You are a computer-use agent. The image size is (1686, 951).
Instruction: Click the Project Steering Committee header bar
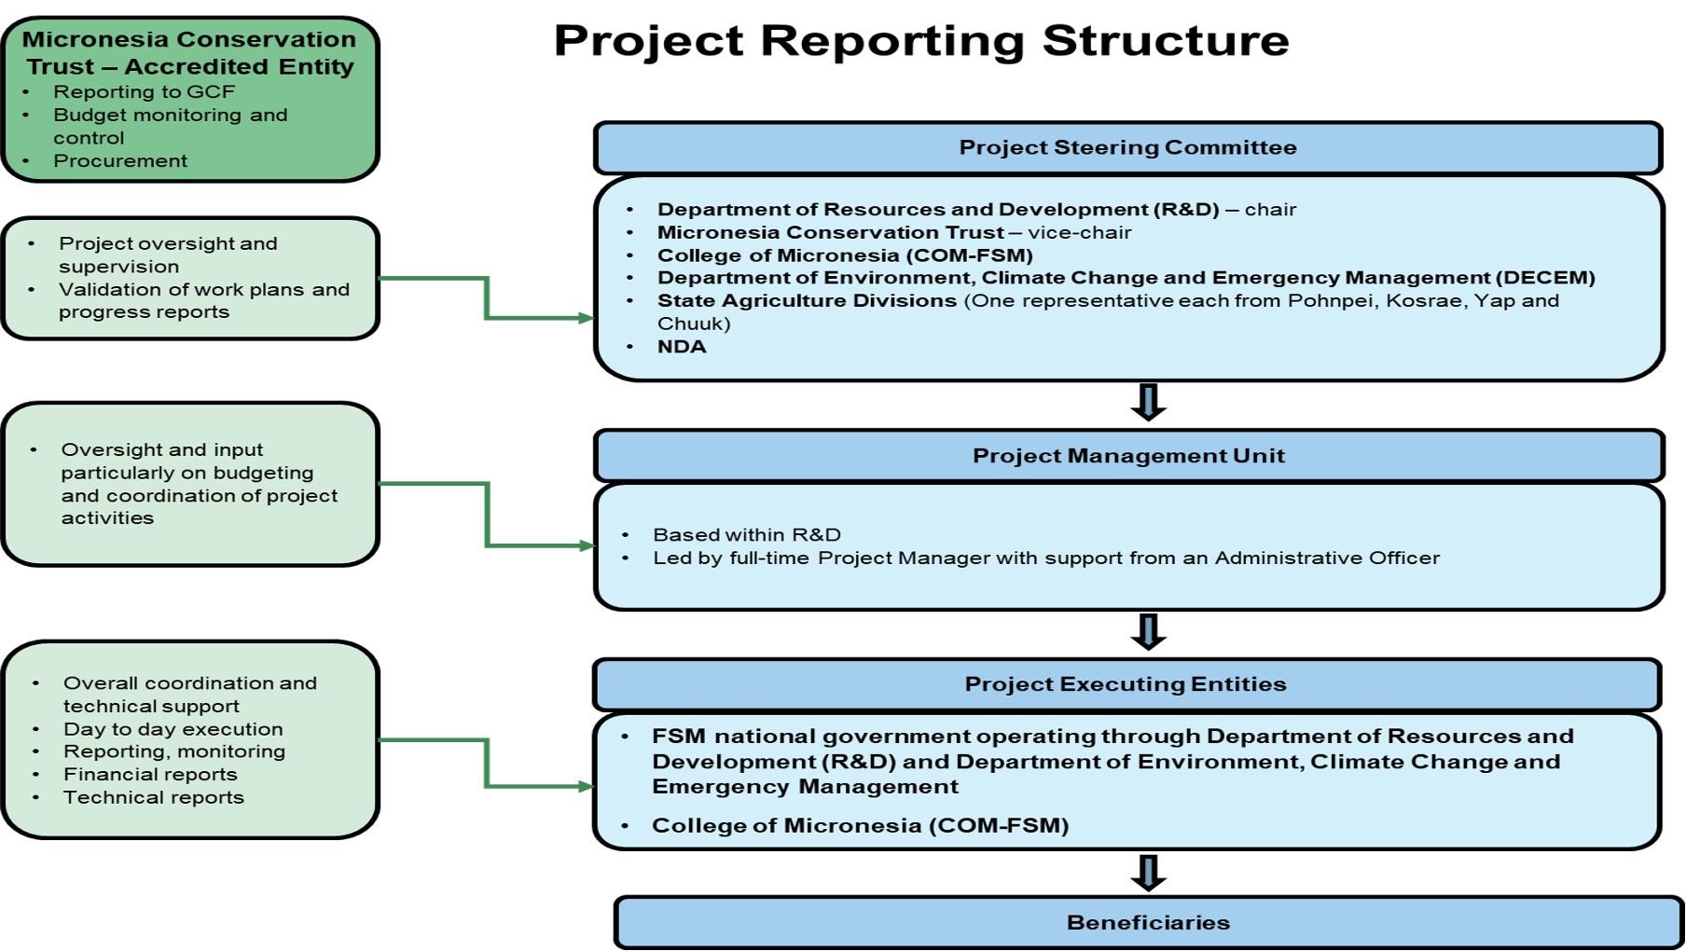tap(1127, 147)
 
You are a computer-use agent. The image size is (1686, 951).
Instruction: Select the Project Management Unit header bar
tap(1128, 456)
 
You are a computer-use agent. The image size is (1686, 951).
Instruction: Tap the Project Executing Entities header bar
tap(1126, 684)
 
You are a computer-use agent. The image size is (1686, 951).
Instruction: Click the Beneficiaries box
tap(1148, 922)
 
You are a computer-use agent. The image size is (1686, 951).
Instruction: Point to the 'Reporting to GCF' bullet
tap(144, 92)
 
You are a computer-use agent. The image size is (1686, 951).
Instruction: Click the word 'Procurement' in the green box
tap(120, 161)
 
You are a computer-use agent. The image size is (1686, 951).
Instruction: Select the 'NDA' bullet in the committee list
tap(682, 347)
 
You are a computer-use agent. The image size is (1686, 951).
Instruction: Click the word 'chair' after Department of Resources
tap(1270, 210)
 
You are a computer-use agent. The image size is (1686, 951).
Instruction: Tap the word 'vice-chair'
tap(1080, 233)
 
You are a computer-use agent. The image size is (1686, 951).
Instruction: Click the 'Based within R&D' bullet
tap(746, 535)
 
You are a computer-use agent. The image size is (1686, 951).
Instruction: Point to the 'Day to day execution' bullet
tap(173, 729)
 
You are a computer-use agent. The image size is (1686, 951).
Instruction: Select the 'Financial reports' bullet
tap(150, 775)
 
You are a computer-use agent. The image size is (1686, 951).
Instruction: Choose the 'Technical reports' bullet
tap(154, 798)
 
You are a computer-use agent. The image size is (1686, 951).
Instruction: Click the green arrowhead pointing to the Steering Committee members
tap(587, 319)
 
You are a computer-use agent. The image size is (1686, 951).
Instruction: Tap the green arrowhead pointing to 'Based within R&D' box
tap(587, 545)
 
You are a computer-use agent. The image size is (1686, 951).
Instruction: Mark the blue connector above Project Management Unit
tap(1148, 402)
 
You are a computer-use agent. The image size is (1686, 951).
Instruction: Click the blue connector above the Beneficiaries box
tap(1148, 873)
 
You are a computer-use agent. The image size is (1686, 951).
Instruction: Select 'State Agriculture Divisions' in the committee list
tap(807, 301)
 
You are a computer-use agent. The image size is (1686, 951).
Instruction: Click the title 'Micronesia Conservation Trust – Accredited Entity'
tap(189, 53)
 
